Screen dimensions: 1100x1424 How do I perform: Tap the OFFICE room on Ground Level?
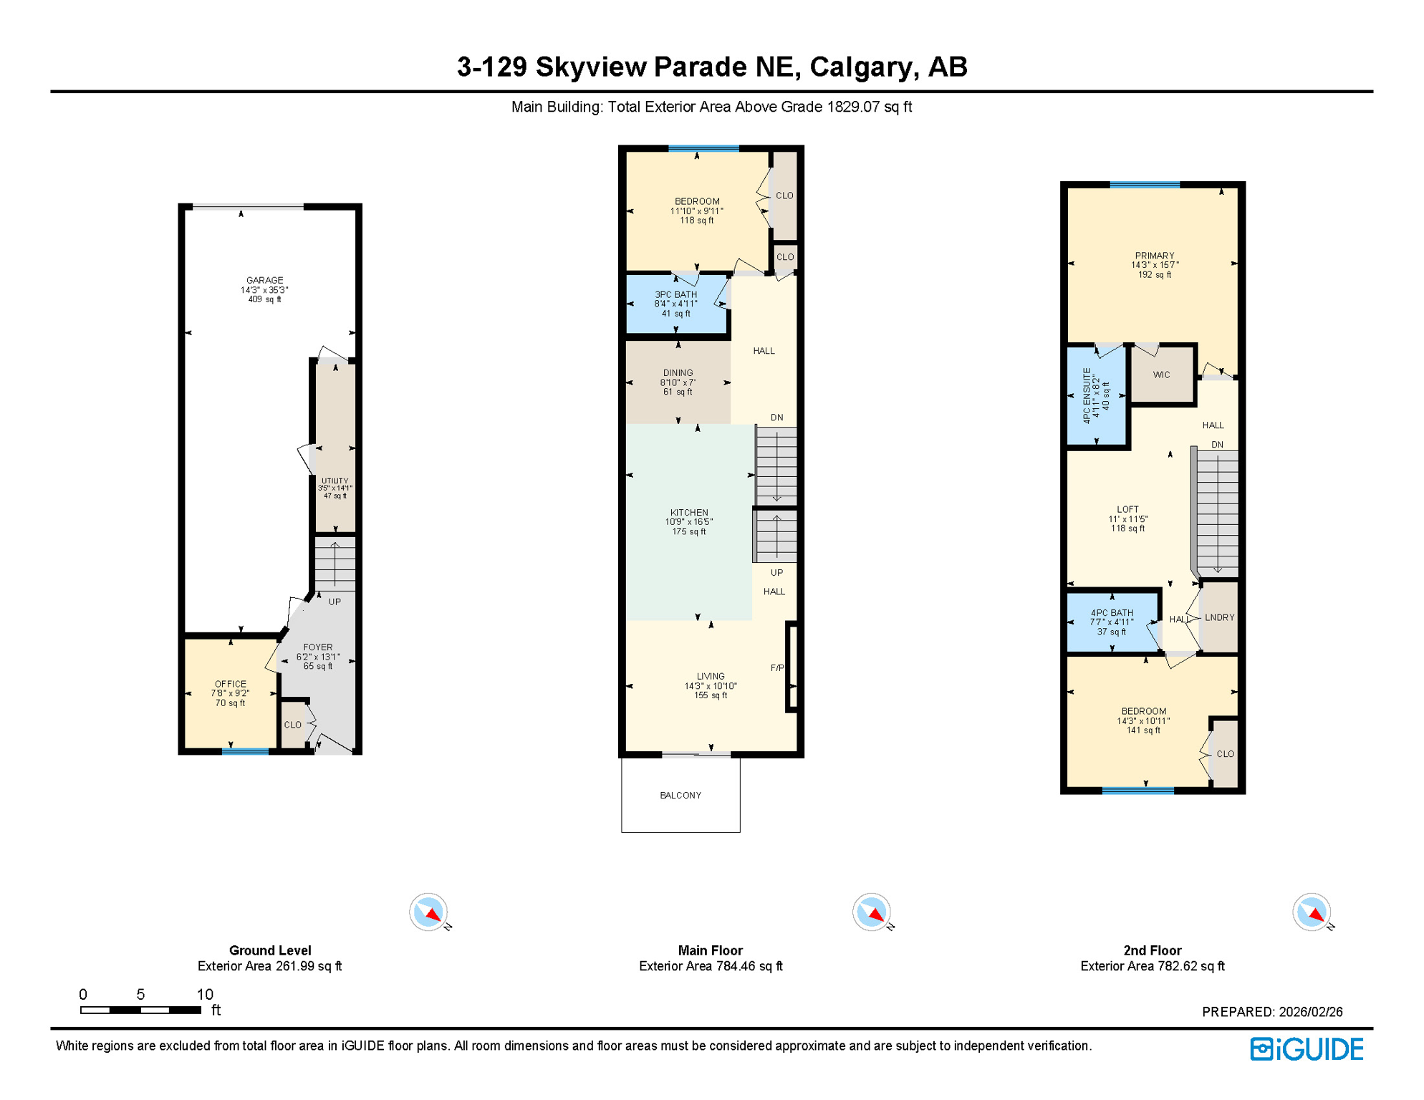point(230,693)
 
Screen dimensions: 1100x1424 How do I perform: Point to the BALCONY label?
point(680,795)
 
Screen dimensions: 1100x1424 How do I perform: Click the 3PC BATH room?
point(675,304)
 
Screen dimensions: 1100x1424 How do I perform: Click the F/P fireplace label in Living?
point(777,667)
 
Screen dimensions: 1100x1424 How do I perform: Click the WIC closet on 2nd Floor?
point(1161,375)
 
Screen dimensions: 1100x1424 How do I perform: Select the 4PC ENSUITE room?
point(1096,395)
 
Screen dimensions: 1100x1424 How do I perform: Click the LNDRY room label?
point(1219,617)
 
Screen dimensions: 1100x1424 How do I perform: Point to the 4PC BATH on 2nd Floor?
point(1112,622)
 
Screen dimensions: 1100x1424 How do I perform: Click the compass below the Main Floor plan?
point(871,912)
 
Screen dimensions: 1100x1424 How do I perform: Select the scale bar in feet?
point(140,1010)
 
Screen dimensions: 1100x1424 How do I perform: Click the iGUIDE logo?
point(1307,1049)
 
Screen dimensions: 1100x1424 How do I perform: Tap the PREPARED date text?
point(1271,1012)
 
